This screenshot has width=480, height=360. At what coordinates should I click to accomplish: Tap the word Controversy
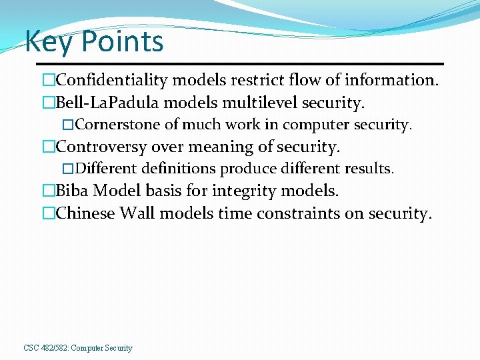pyautogui.click(x=99, y=147)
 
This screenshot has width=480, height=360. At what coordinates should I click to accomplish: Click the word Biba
pyautogui.click(x=72, y=191)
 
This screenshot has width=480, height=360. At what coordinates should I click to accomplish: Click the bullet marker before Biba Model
pyautogui.click(x=48, y=191)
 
